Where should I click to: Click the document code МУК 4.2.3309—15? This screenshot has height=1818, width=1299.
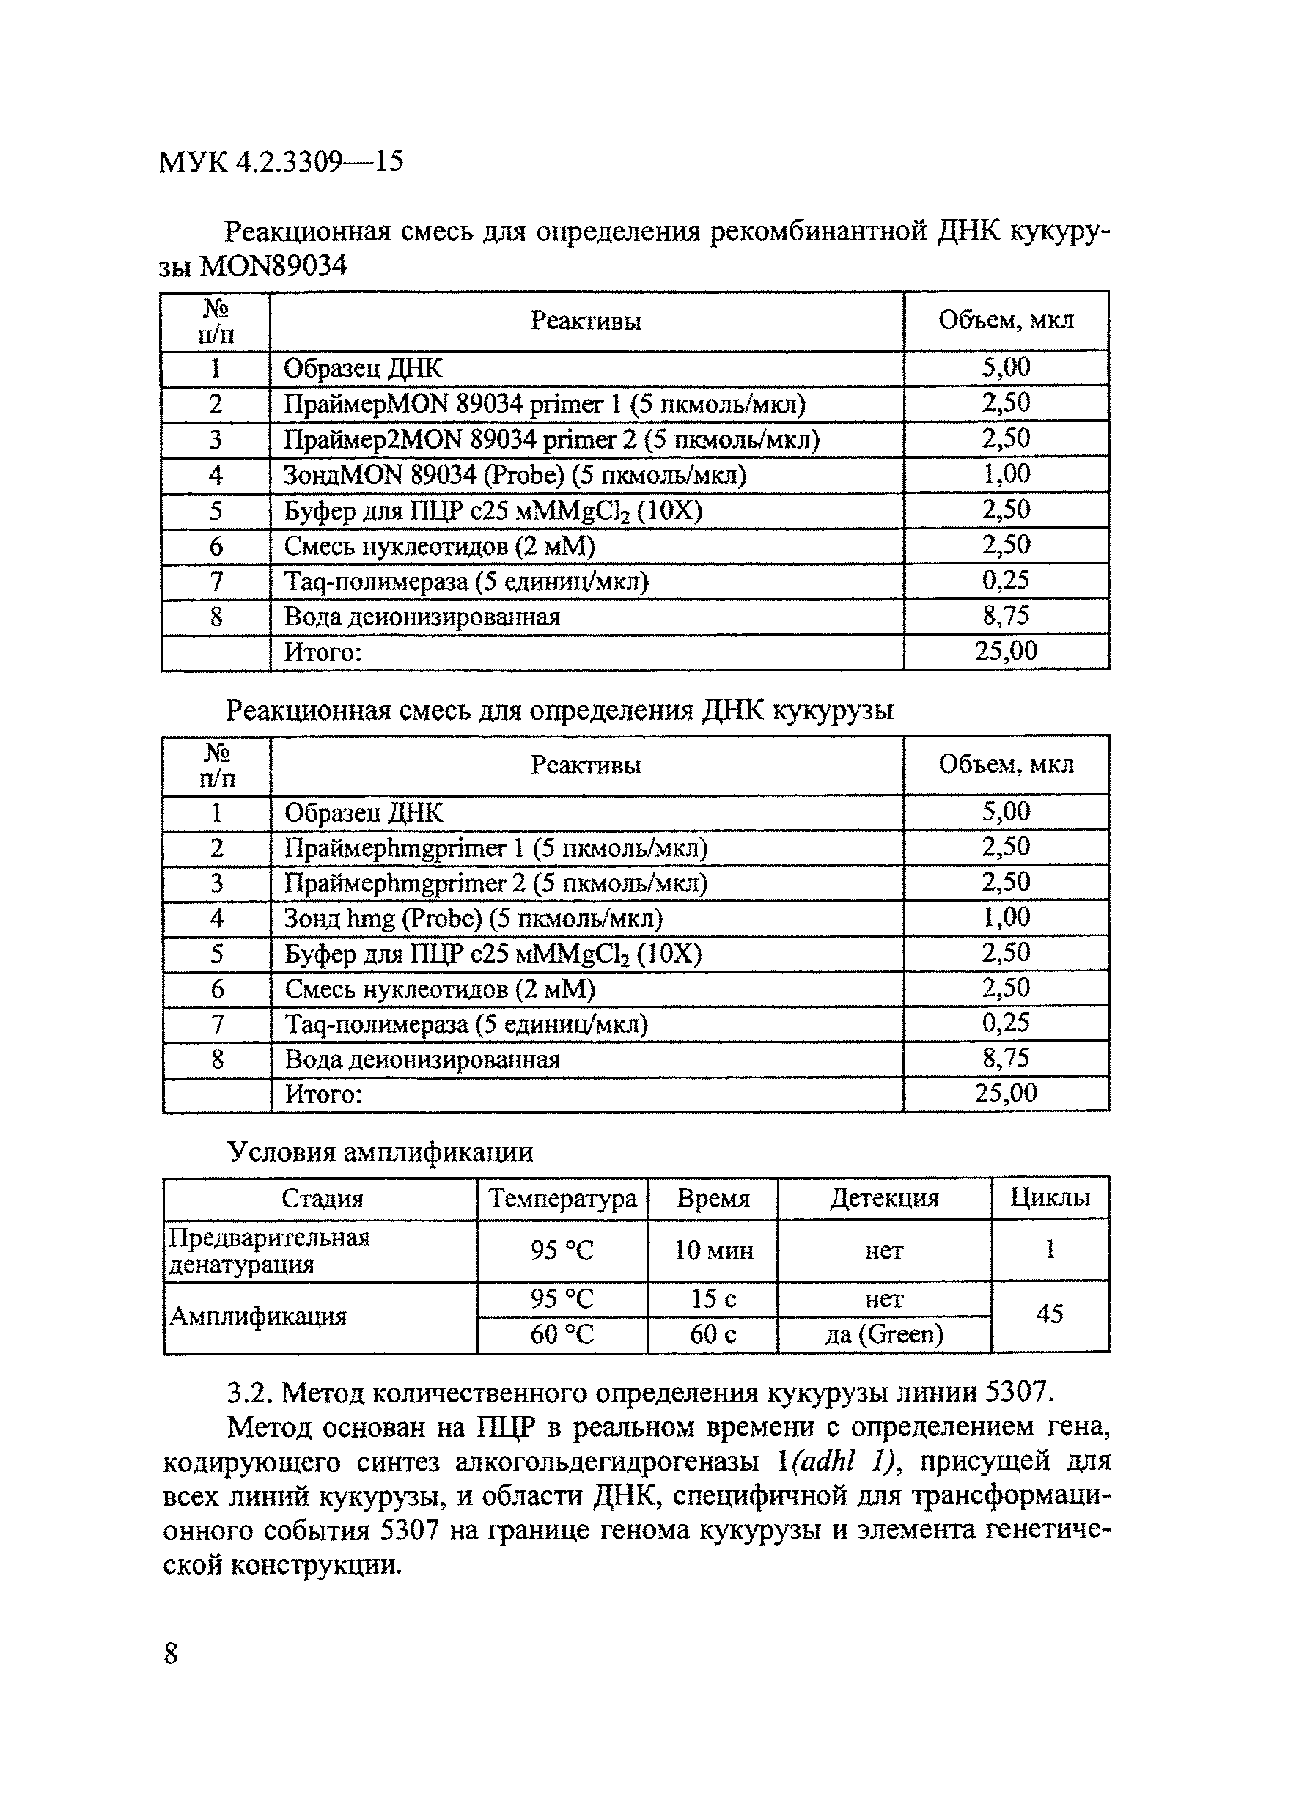(x=281, y=162)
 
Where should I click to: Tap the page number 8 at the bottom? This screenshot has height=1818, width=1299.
(x=170, y=1652)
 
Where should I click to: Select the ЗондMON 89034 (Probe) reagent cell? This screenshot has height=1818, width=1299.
(x=515, y=475)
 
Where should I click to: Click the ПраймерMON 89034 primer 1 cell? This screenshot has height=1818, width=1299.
(x=544, y=404)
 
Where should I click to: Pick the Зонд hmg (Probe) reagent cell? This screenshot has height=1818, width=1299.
(x=474, y=919)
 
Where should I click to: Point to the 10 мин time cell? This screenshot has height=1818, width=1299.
(x=713, y=1250)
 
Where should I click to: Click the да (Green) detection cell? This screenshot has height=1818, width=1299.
(x=884, y=1334)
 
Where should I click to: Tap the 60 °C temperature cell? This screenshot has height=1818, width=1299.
(x=562, y=1334)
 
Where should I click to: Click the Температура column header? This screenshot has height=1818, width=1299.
(x=562, y=1198)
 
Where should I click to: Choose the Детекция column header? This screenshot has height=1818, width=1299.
(x=884, y=1197)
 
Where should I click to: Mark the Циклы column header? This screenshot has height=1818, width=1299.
(x=1050, y=1197)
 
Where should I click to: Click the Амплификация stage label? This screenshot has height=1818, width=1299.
(x=257, y=1316)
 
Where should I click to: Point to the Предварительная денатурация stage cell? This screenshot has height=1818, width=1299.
(x=269, y=1251)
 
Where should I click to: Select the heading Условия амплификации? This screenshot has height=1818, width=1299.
(x=380, y=1152)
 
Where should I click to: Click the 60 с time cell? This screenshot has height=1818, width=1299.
(x=713, y=1334)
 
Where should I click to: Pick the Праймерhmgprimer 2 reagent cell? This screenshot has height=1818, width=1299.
(x=496, y=883)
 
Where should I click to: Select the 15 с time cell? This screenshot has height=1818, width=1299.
(x=713, y=1298)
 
